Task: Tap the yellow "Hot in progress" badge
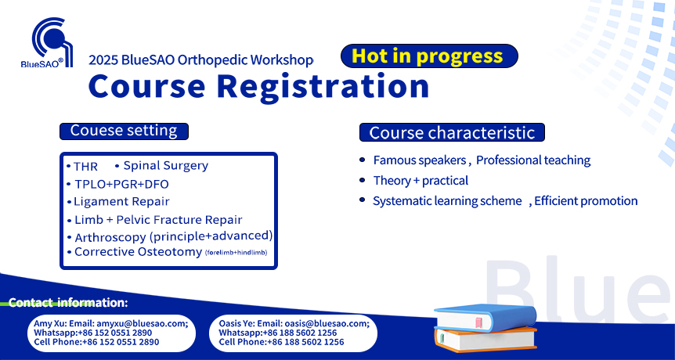429,56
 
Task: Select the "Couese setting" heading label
124,131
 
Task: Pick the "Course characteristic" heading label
452,132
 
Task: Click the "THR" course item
85,167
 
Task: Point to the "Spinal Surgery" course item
166,166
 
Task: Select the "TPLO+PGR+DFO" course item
121,184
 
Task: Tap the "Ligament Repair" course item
121,201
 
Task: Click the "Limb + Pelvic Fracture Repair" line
158,220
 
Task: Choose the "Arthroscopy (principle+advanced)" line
174,236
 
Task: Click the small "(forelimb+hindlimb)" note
236,253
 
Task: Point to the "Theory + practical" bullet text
421,181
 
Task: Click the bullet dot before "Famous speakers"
362,160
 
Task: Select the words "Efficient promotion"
586,201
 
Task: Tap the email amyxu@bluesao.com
141,324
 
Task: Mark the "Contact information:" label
68,302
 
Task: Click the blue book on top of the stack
485,318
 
